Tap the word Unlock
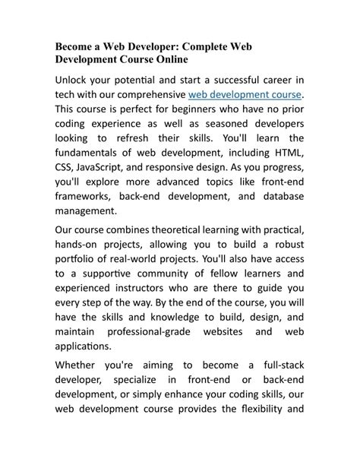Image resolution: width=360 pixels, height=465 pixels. (74, 80)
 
